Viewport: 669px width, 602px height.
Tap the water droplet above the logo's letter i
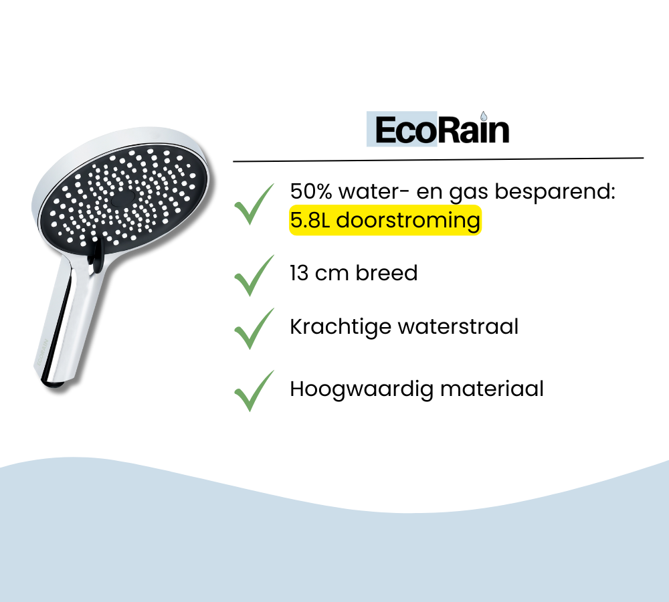(x=484, y=116)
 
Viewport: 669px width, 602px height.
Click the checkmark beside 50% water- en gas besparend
(x=254, y=204)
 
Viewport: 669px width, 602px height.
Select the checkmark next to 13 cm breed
(x=254, y=275)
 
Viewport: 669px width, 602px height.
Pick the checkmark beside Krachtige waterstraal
(x=254, y=328)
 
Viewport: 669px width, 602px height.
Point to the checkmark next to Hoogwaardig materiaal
(x=254, y=391)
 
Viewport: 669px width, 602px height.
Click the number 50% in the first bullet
(x=311, y=191)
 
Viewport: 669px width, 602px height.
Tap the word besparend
(x=555, y=191)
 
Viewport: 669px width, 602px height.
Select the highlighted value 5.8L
(x=310, y=220)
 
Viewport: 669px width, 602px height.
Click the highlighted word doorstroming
(x=408, y=221)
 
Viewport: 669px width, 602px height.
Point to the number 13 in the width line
(x=299, y=273)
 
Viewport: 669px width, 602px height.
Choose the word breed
(x=387, y=273)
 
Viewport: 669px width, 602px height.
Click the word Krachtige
(x=341, y=328)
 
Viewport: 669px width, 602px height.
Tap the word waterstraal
(x=458, y=327)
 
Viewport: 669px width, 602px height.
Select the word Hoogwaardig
(x=361, y=390)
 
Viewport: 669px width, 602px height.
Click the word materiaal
(x=492, y=389)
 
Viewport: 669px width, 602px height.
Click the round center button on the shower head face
(x=123, y=199)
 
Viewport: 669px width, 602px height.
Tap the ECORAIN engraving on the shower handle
(x=41, y=353)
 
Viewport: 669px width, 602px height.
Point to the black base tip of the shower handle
(x=54, y=385)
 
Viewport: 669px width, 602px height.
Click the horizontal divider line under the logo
(x=438, y=160)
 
